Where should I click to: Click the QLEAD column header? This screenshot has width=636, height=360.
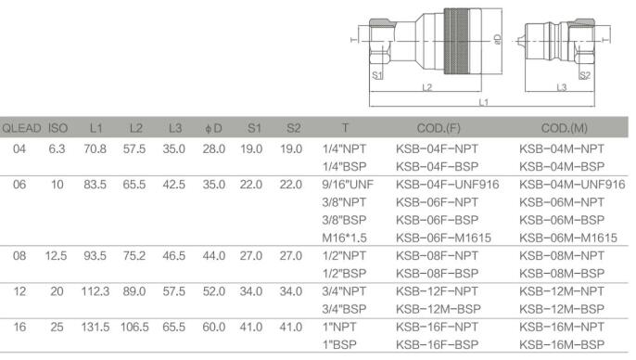click(22, 128)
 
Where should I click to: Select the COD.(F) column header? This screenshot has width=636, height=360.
click(439, 128)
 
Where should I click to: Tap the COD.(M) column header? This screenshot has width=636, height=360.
click(565, 128)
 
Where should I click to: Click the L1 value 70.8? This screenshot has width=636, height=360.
click(95, 149)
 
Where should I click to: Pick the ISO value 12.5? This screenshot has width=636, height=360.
click(56, 256)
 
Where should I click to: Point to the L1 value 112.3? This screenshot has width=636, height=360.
click(95, 291)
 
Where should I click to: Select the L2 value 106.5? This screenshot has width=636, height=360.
click(134, 328)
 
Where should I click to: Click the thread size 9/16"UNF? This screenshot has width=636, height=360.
click(348, 185)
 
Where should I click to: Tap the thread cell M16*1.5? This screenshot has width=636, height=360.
click(344, 238)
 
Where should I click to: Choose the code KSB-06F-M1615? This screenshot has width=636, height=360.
click(443, 238)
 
